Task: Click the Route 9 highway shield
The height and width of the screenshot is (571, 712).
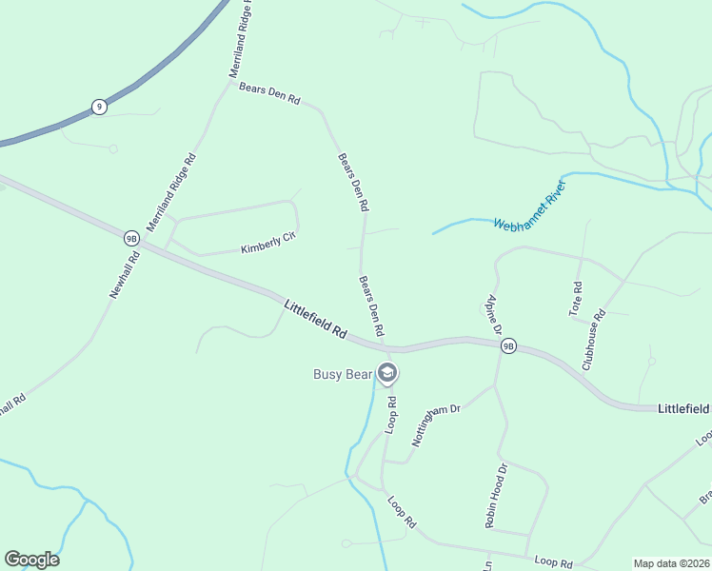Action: coord(99,107)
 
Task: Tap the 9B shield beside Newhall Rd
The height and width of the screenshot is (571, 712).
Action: coord(131,238)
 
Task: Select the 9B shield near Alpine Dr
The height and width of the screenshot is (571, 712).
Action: coord(508,346)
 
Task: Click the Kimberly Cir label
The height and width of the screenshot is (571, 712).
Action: coord(269,243)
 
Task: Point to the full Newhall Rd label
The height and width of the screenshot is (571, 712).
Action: coord(125,276)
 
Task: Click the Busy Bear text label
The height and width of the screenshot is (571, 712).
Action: coord(343,374)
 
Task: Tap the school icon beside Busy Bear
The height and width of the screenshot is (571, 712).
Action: coord(386,373)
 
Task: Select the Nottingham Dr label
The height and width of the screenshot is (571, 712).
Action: coord(435,424)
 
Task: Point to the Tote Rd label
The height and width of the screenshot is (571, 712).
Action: coord(575,299)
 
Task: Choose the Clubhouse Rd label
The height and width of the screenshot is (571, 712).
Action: coord(594,340)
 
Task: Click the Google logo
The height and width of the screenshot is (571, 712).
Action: coord(31,560)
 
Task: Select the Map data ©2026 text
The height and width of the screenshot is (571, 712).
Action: coord(671,562)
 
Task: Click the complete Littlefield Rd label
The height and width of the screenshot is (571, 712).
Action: coord(315,320)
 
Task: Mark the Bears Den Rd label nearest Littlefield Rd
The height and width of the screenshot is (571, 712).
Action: coord(371,305)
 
